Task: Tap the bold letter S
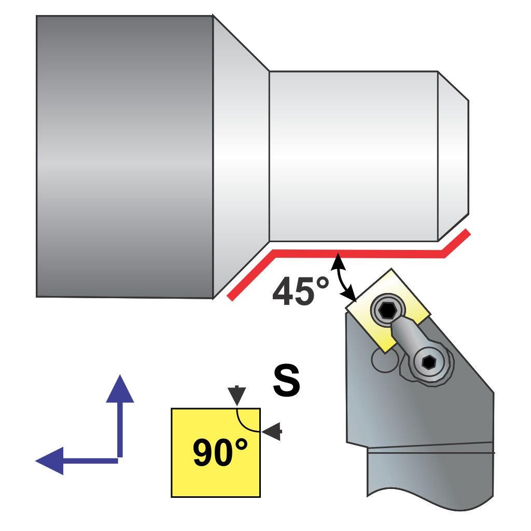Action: [286, 381]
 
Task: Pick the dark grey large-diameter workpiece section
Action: [124, 156]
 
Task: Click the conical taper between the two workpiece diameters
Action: [241, 156]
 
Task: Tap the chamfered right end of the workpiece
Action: [453, 156]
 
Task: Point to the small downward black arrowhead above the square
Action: [237, 395]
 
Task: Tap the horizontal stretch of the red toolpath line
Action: [358, 254]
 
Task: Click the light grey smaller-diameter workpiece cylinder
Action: [353, 156]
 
